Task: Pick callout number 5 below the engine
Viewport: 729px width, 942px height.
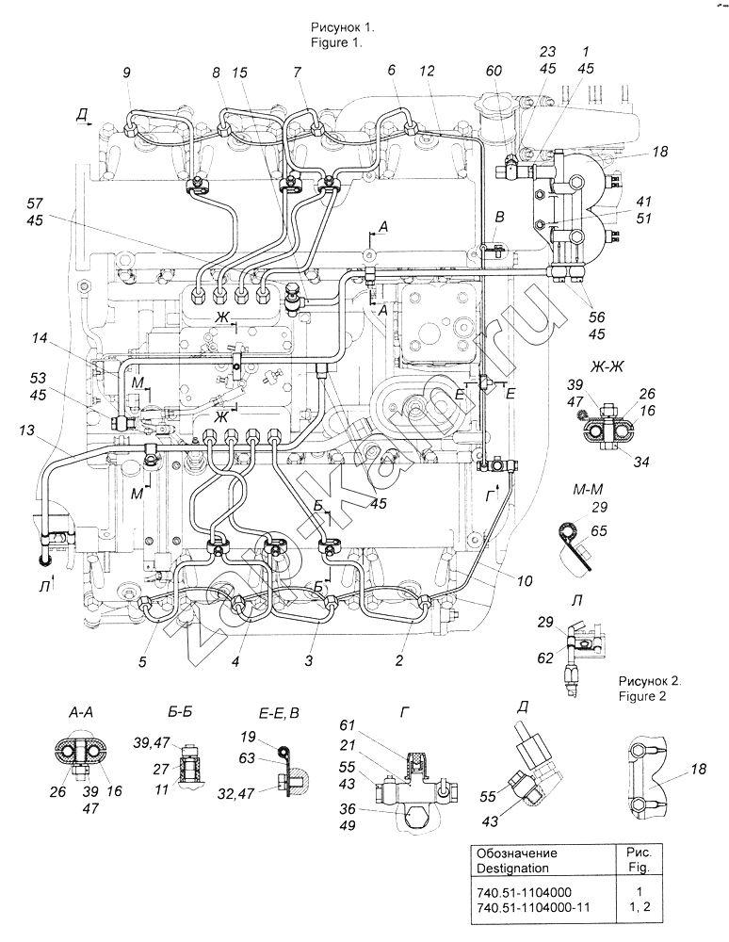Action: [x=142, y=662]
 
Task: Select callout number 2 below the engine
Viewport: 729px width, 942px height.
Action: [x=399, y=662]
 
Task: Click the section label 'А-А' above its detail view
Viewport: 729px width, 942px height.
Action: [x=79, y=712]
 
